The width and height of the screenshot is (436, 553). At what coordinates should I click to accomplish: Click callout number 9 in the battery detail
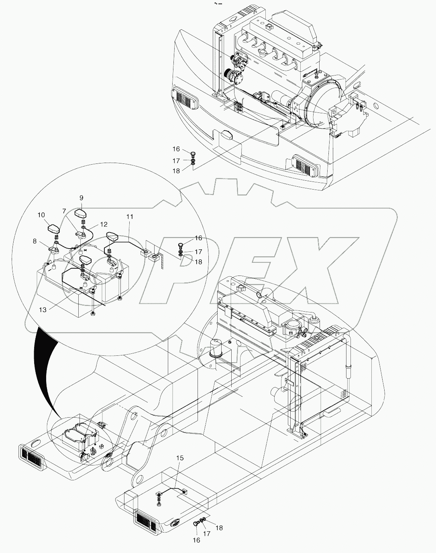[81, 198]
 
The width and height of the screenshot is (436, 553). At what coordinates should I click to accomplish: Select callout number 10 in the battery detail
[41, 215]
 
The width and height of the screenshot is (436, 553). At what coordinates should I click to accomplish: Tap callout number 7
[64, 210]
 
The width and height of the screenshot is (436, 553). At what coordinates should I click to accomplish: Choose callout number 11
[129, 216]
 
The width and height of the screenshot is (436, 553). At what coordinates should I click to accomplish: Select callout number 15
[180, 457]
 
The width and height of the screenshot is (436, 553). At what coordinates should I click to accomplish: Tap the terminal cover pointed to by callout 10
[53, 229]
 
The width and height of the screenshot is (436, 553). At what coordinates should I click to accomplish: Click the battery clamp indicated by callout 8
[53, 250]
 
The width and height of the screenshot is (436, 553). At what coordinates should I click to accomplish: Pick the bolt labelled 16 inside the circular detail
[181, 244]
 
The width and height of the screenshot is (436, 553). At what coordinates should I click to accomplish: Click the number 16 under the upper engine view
[176, 149]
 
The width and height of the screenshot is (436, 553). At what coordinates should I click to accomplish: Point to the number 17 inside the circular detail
[198, 251]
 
